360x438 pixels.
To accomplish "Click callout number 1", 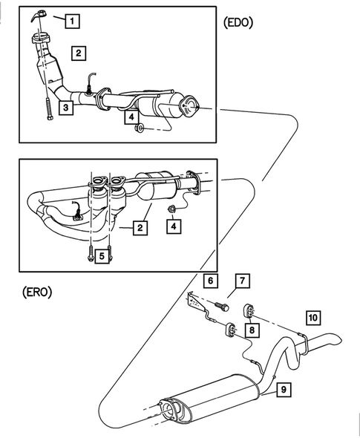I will (71, 22).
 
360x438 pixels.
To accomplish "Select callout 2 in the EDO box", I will (78, 53).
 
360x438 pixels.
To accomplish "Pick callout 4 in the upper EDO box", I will (131, 117).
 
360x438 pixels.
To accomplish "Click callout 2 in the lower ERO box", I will (139, 229).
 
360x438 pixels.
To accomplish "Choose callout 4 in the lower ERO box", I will (173, 226).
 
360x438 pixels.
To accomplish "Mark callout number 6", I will (211, 281).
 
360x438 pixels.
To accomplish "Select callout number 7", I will (242, 281).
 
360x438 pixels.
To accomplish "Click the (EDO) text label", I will (238, 22).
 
